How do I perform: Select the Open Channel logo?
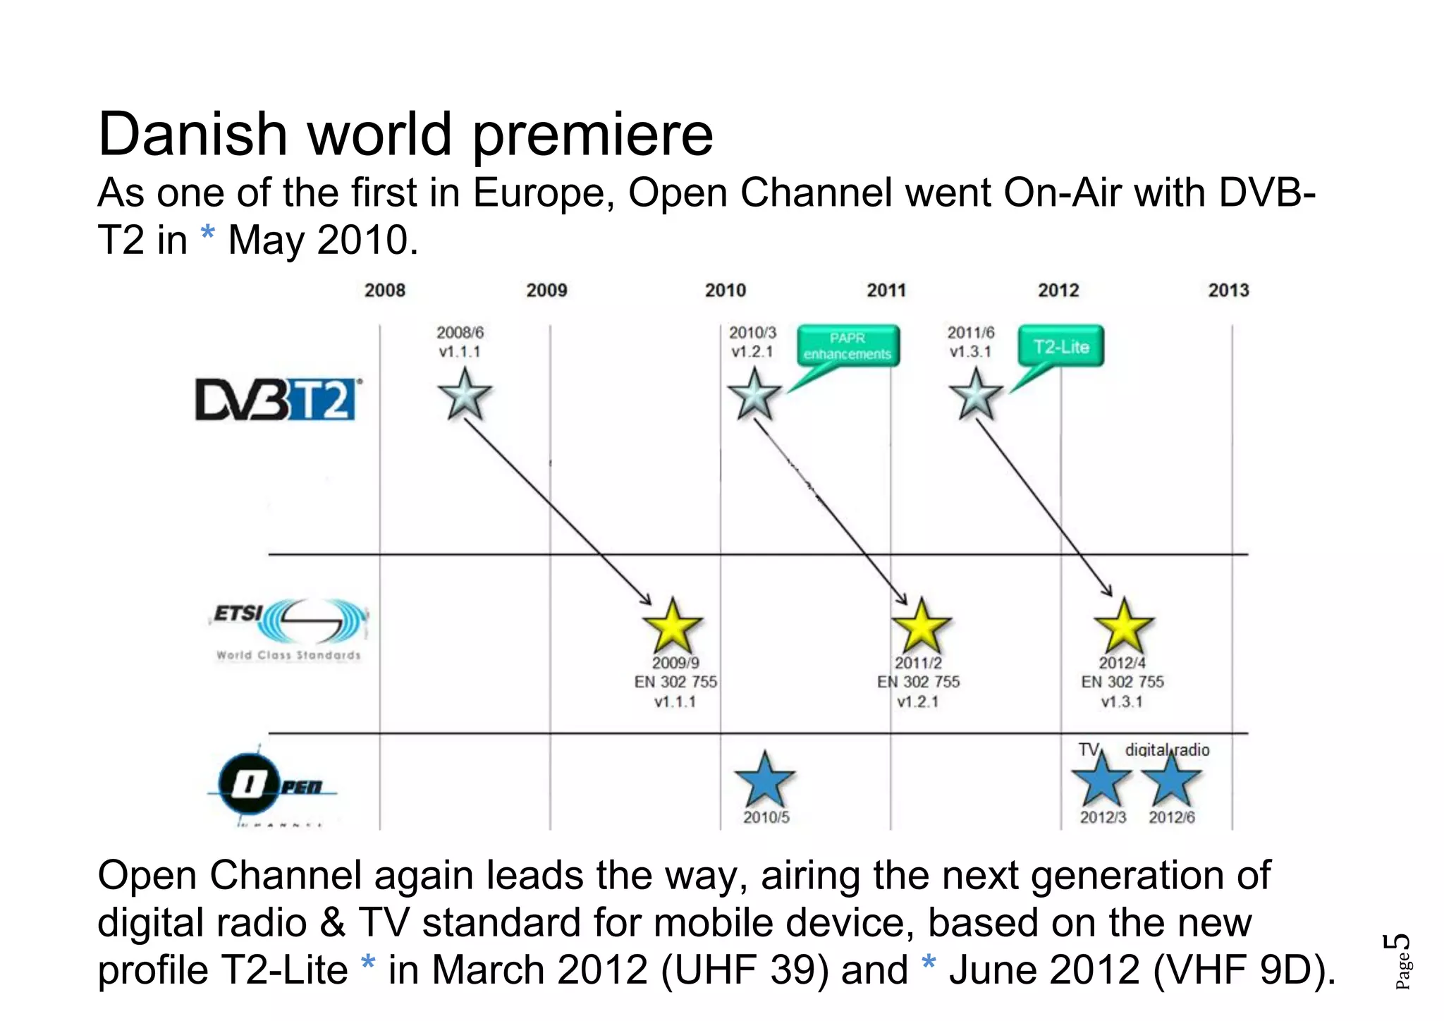pos(271,786)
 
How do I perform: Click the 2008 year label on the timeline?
pos(385,291)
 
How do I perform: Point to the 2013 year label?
pos(1228,291)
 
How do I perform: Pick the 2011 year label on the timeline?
pos(886,291)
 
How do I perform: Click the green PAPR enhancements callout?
pos(848,346)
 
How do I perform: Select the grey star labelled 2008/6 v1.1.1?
pos(465,395)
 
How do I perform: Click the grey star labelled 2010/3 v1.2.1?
pos(754,395)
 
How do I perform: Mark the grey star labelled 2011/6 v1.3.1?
pos(976,395)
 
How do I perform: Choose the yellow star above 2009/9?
pos(673,627)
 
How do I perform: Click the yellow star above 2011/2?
pos(921,627)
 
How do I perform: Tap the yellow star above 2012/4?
pos(1123,627)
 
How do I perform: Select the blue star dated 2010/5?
pos(764,780)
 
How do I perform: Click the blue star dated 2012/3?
pos(1101,780)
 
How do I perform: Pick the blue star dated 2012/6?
pos(1171,780)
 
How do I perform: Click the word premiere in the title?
pos(592,135)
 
